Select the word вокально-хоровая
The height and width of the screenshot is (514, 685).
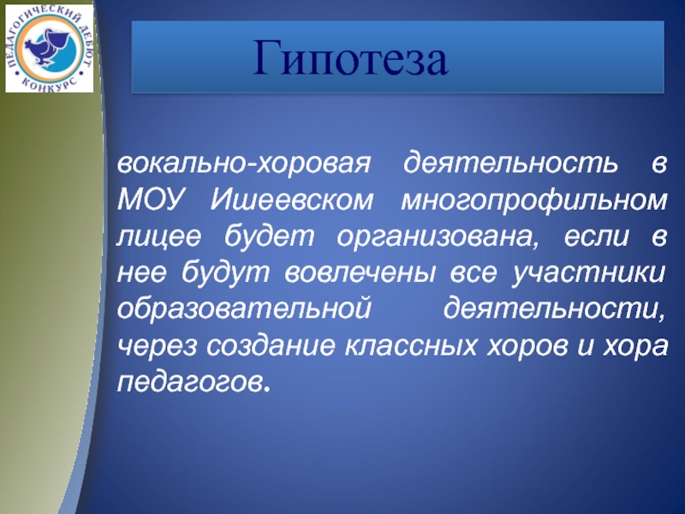[244, 164]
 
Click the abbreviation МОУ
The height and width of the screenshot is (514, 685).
[149, 200]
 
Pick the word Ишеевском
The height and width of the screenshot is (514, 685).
[292, 200]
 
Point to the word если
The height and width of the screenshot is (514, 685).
[596, 237]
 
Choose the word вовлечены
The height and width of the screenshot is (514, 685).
[360, 273]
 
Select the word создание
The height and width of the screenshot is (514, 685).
[271, 346]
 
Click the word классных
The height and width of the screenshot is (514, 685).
[411, 346]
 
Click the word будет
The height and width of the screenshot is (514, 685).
[269, 237]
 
